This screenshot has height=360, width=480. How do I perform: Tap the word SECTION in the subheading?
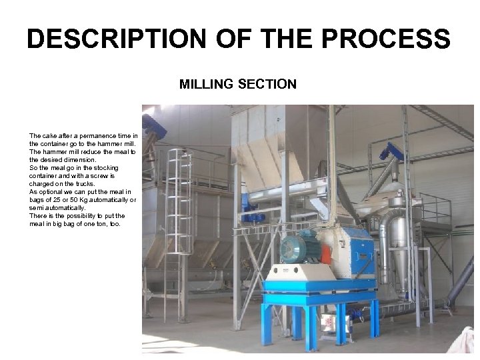(269, 85)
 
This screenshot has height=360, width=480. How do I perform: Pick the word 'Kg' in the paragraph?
(86, 199)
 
